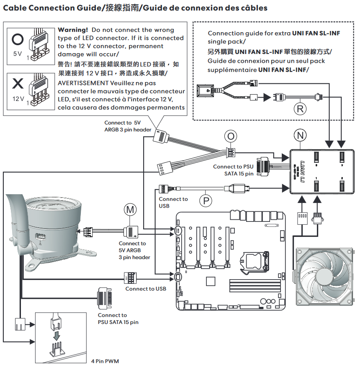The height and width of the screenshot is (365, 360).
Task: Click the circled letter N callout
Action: (300, 135)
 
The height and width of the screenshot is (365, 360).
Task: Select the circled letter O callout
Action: (231, 136)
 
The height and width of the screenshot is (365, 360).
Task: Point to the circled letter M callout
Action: (130, 208)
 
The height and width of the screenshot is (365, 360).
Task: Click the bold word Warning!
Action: (73, 30)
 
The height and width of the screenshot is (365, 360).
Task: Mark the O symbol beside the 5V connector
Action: (17, 39)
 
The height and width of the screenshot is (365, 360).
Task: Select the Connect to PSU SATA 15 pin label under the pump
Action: (118, 319)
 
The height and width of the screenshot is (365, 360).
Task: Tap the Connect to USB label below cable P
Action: (173, 202)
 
